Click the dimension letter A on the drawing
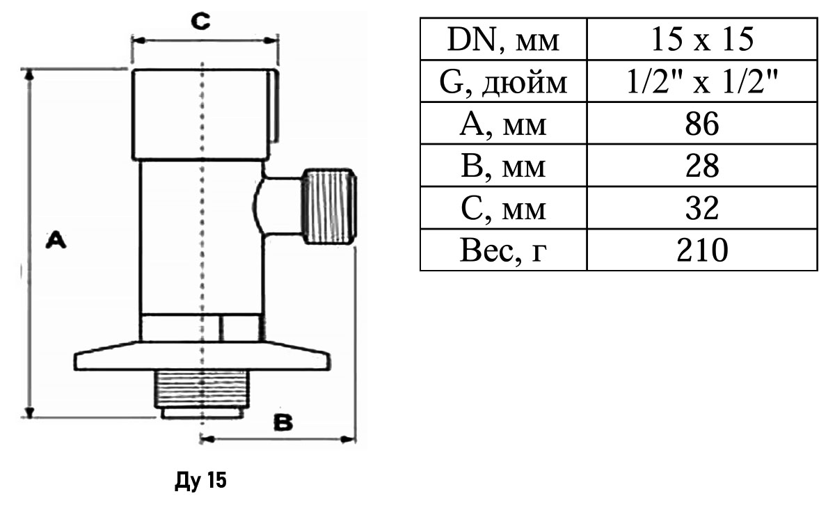(x=56, y=241)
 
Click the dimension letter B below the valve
(x=283, y=422)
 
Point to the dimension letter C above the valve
(x=200, y=23)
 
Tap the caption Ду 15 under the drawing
(x=200, y=481)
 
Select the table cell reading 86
(x=701, y=125)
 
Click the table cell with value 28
(x=701, y=166)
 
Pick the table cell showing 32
(x=701, y=208)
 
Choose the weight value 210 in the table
(x=701, y=250)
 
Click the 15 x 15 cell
(x=701, y=41)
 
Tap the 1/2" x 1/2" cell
(x=701, y=83)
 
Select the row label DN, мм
(x=503, y=41)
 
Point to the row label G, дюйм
(x=503, y=83)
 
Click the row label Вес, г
(x=503, y=250)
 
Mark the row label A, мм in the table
(x=503, y=125)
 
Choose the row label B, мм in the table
(x=503, y=166)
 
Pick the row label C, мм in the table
(x=503, y=208)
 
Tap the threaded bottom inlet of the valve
(x=201, y=395)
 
